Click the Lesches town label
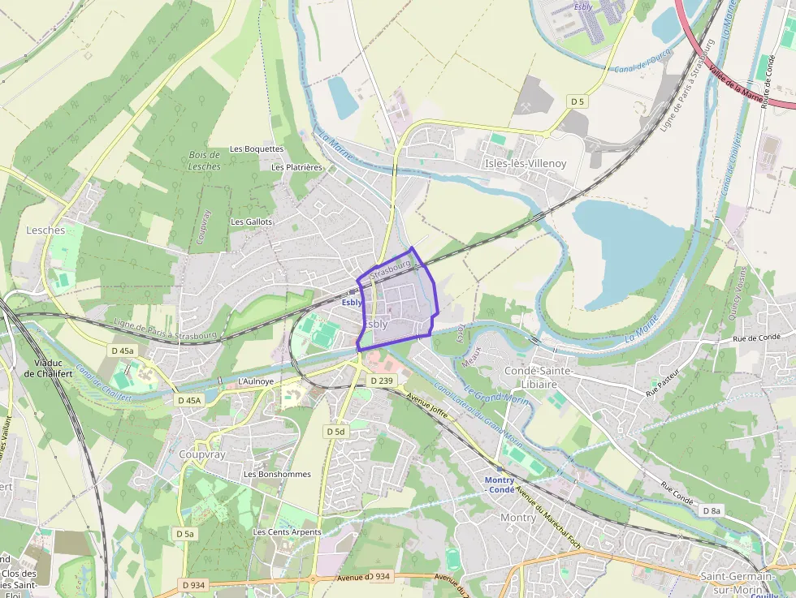45,230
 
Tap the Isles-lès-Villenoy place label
526,163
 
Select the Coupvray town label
201,455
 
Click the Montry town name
517,517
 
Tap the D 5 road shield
577,101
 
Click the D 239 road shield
381,381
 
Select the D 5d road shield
335,432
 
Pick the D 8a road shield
711,510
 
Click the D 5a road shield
184,534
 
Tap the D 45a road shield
122,351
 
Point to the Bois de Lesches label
204,161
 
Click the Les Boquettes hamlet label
257,149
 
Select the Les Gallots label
252,222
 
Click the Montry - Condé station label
500,485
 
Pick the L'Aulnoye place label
253,381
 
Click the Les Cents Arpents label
287,532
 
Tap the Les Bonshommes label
277,474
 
